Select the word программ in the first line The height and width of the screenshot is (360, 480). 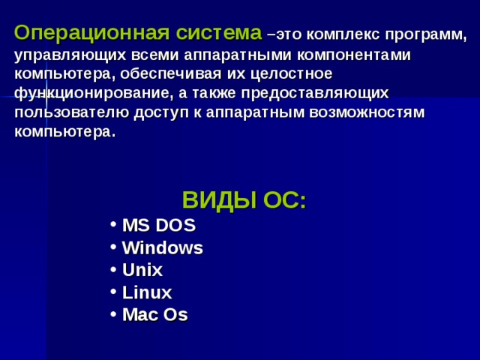pos(424,35)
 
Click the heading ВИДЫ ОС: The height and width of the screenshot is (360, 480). pos(244,201)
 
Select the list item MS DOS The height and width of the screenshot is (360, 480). pos(158,225)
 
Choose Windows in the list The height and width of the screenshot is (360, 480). pos(162,247)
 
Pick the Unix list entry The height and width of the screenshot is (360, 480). pos(142,270)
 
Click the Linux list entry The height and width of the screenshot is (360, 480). pos(146,292)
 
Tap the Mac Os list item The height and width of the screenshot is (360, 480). pos(154,315)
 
